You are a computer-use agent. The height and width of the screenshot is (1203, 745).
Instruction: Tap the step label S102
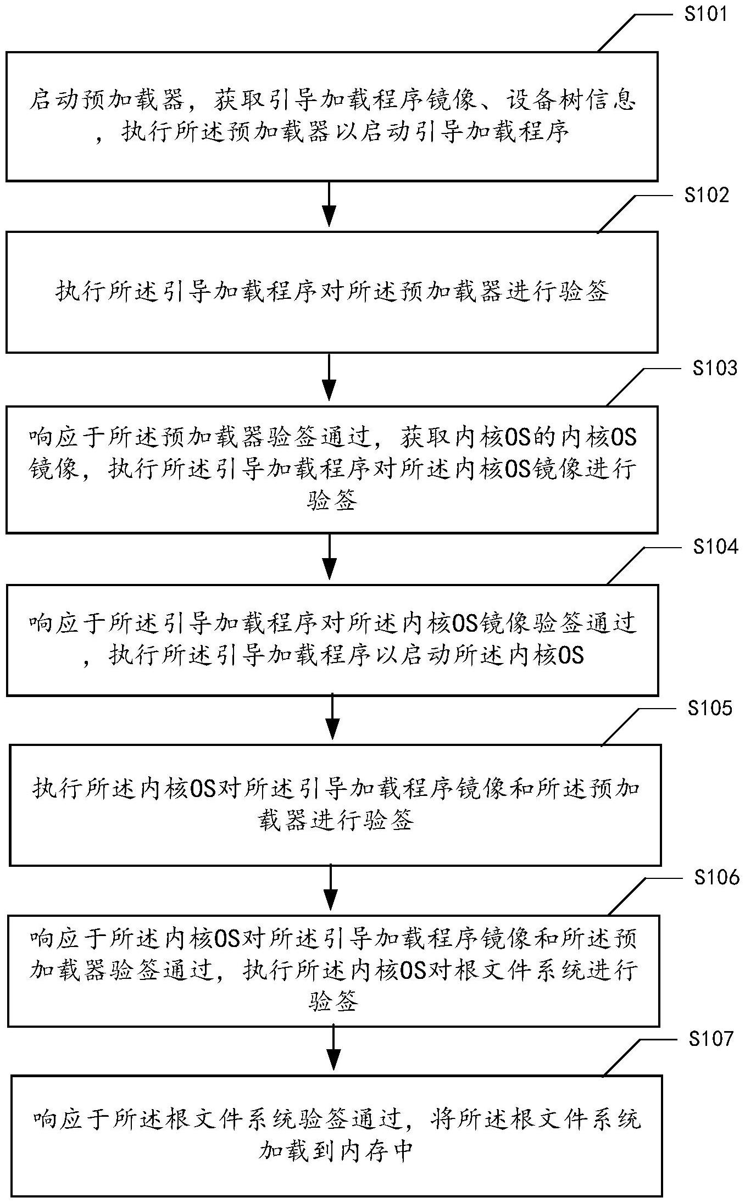707,194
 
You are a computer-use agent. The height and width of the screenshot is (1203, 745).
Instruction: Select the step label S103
714,368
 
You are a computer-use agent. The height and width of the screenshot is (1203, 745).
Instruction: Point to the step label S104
715,547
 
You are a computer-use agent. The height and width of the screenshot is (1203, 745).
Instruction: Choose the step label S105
710,709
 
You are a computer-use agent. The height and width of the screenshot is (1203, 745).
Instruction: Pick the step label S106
716,878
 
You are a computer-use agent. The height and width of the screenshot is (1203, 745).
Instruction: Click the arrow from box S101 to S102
329,204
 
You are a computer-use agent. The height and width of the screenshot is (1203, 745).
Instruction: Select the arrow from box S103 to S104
329,556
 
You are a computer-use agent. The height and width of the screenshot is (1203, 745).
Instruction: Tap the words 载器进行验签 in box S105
335,821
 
